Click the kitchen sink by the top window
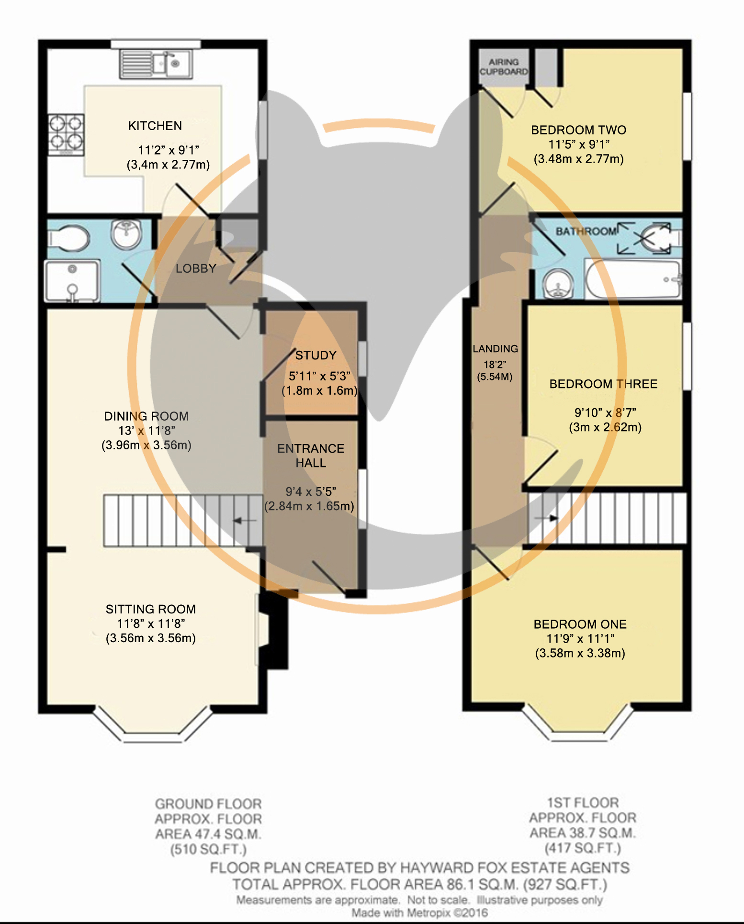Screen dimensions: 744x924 pos(156,63)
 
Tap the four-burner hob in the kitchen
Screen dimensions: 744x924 pos(66,134)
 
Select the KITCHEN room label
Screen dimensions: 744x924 pos(155,126)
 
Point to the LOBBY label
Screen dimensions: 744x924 pos(196,268)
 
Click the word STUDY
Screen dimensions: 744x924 pos(316,355)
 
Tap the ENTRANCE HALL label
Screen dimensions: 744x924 pos(311,456)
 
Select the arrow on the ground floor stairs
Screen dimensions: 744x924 pos(244,520)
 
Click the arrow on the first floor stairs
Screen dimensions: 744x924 pos(546,518)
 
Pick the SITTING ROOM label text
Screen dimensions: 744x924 pos(151,609)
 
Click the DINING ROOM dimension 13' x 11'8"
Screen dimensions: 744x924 pos(147,431)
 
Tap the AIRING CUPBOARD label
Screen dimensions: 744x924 pos(504,67)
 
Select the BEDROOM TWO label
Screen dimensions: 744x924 pos(579,130)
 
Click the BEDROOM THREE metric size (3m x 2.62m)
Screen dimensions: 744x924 pos(605,427)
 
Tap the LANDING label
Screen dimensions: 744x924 pos(496,349)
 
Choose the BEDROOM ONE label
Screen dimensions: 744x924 pos(580,624)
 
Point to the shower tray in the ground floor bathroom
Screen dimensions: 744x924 pos(72,281)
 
